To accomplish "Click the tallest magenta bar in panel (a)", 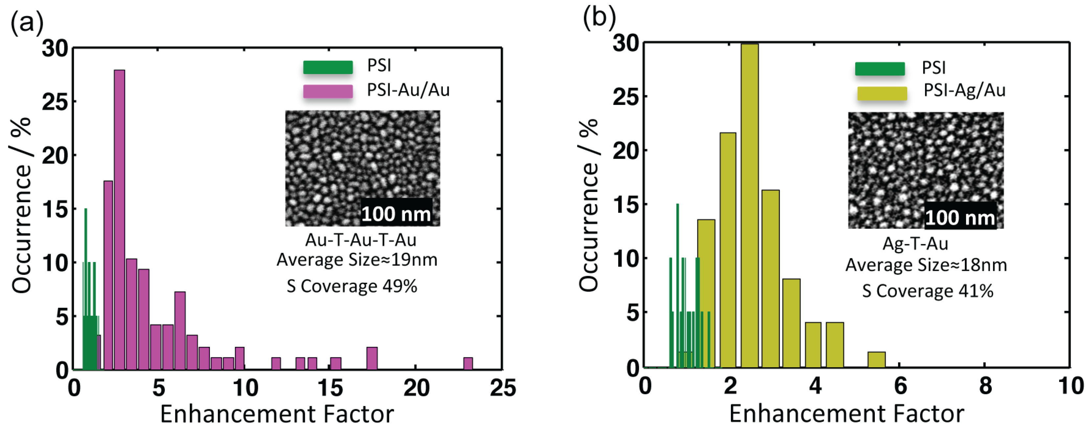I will click(x=120, y=220).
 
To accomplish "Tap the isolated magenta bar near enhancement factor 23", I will click(x=468, y=364).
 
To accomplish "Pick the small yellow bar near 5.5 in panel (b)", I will click(x=876, y=360).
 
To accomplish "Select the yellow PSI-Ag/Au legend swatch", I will click(x=882, y=93).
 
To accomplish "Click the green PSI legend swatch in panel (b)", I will click(x=880, y=68).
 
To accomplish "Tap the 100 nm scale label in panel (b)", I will click(x=960, y=217).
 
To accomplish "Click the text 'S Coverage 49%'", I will click(x=352, y=286).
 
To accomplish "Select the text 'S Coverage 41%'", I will click(x=927, y=291).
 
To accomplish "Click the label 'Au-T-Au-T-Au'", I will click(x=361, y=240).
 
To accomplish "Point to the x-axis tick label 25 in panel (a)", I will click(x=503, y=388).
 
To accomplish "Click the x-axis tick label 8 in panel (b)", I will click(x=986, y=386).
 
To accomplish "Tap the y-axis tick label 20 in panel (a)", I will click(x=55, y=156).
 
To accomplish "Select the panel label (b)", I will click(x=599, y=18).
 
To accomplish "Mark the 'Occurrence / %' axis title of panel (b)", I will click(x=588, y=205).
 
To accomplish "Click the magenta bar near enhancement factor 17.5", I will click(x=372, y=358).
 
